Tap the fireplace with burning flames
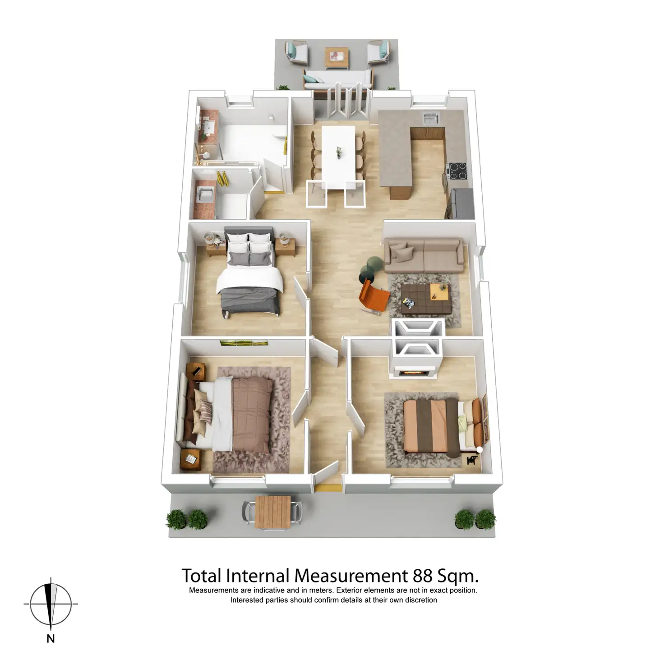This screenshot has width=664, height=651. (x=413, y=372)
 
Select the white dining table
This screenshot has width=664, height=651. (x=338, y=156)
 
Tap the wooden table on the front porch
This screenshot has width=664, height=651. (x=272, y=511)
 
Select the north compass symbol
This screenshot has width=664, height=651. (x=51, y=604)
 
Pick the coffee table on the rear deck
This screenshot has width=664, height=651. (x=337, y=57)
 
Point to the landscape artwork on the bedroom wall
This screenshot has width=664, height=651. (x=244, y=343)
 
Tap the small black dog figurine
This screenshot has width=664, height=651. (x=472, y=460)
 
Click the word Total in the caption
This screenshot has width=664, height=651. (x=201, y=576)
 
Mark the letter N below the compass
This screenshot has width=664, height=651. (x=51, y=638)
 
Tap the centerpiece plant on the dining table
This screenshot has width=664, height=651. (x=338, y=152)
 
